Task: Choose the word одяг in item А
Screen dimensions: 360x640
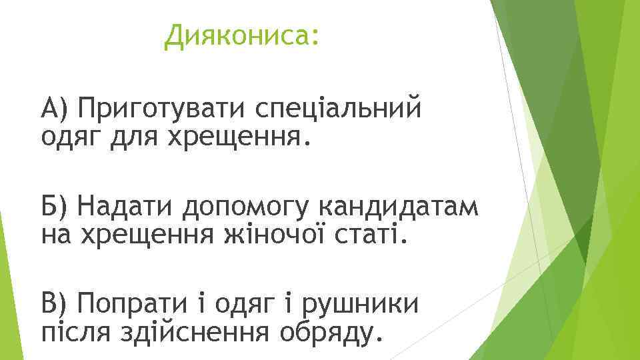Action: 66,138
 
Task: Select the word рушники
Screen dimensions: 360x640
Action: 361,307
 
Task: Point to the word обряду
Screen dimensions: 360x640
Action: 339,333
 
